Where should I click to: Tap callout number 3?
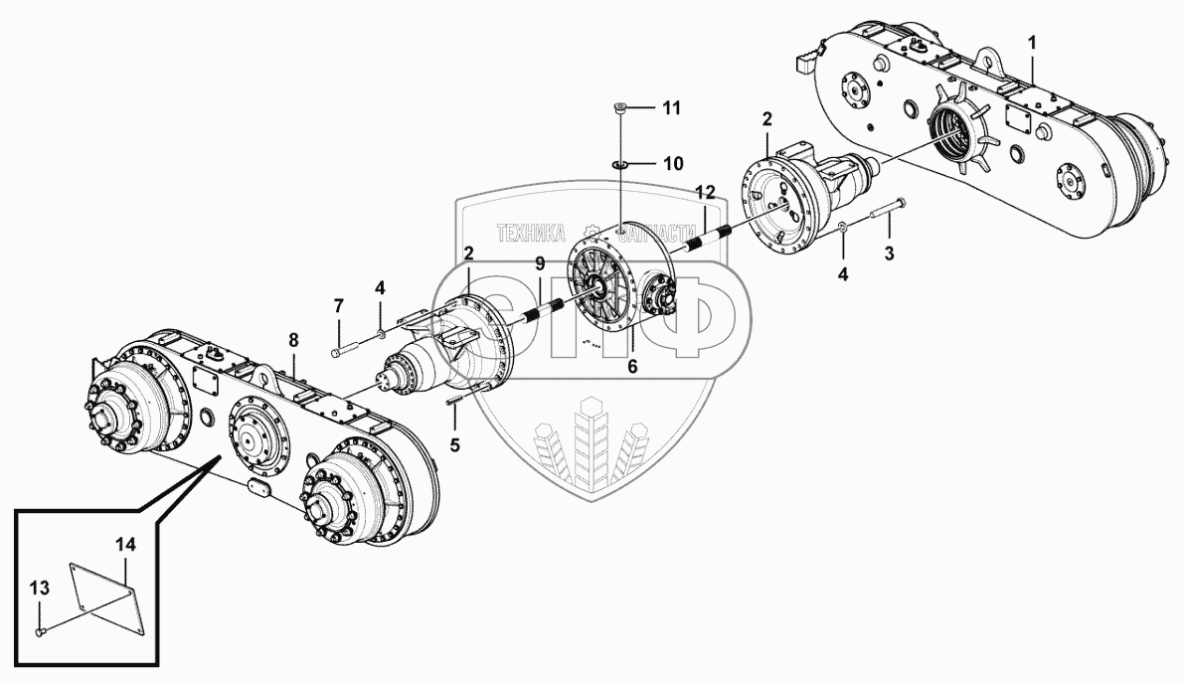[x=890, y=254]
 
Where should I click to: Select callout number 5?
[x=455, y=444]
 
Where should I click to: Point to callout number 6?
[x=632, y=366]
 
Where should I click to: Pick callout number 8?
[x=293, y=340]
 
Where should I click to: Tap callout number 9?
[x=540, y=263]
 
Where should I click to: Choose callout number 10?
[x=673, y=162]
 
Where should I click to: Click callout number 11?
[x=673, y=107]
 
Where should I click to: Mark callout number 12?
[x=705, y=190]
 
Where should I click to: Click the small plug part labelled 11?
[x=619, y=109]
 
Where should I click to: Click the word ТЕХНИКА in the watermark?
[x=529, y=233]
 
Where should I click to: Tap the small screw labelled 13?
[x=39, y=631]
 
